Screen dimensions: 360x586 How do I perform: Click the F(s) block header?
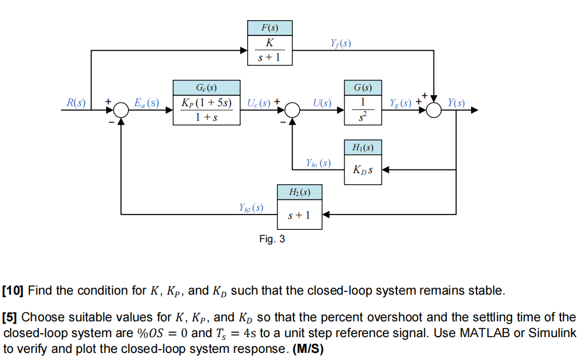point(270,28)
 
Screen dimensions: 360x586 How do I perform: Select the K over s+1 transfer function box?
point(270,50)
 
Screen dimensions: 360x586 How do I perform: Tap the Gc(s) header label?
point(206,87)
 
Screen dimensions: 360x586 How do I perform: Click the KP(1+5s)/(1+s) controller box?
point(206,109)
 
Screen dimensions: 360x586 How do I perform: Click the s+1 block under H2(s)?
point(300,215)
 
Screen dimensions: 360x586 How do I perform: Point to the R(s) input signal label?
point(76,102)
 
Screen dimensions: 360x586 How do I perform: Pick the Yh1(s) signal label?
point(318,162)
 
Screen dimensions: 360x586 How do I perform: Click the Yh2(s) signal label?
point(251,208)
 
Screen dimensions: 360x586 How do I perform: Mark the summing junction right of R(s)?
point(121,110)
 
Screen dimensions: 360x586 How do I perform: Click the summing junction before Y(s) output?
point(434,110)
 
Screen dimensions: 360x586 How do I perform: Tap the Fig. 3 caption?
point(272,239)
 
